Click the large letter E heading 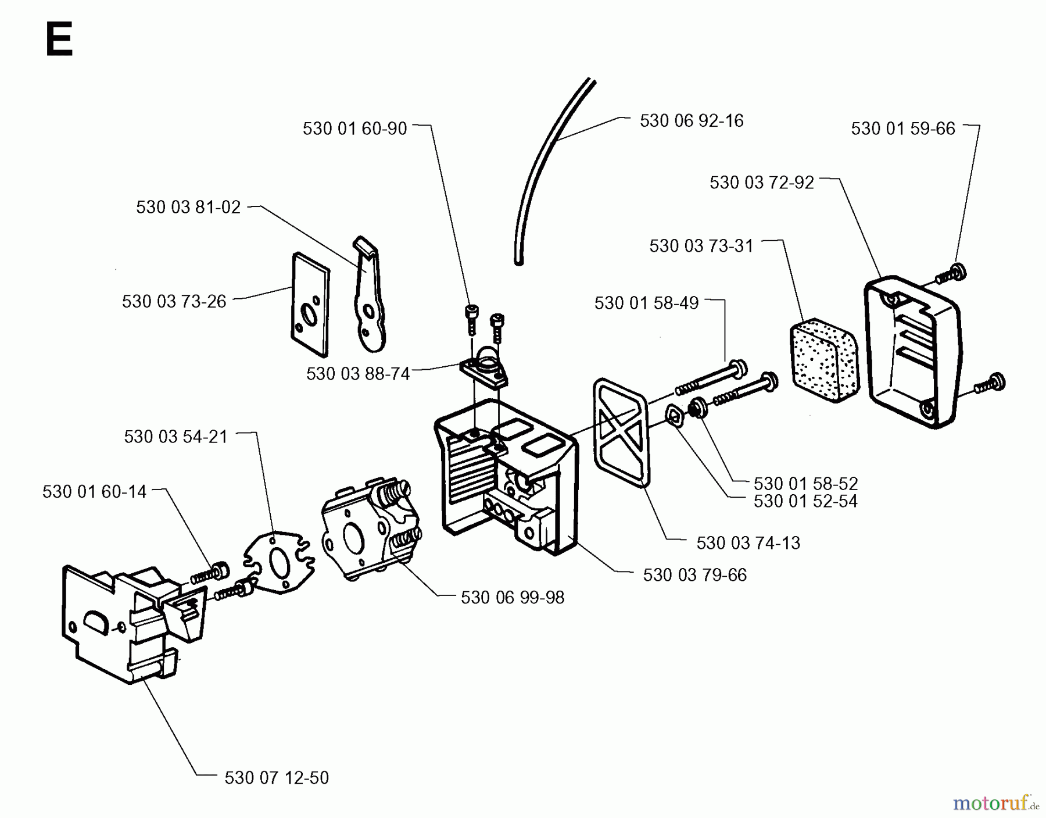[x=59, y=40]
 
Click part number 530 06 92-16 [x=692, y=121]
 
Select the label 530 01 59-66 [x=902, y=128]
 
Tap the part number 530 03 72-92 [x=761, y=183]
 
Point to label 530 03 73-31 [x=701, y=246]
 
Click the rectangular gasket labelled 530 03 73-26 [x=311, y=305]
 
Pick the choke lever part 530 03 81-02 [x=369, y=297]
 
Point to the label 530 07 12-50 [x=277, y=778]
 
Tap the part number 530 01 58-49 [x=646, y=303]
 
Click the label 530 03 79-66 [x=694, y=575]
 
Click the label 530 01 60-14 [x=94, y=492]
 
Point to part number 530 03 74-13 [x=748, y=543]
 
